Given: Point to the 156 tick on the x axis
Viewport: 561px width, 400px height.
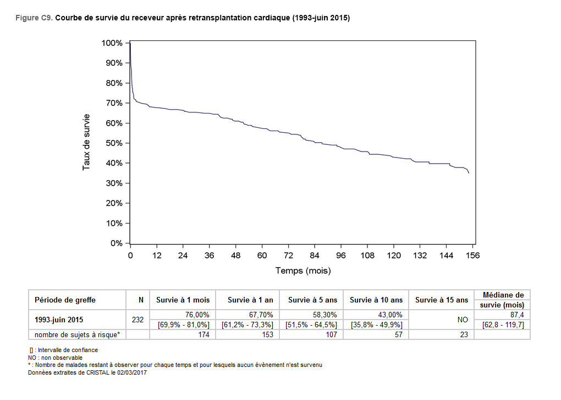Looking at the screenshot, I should coord(473,255).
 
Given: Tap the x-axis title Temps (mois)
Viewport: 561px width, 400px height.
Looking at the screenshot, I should coord(303,271).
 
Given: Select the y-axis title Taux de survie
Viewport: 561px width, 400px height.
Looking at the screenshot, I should coord(86,142).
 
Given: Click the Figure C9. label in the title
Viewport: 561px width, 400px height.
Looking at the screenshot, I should coord(35,18).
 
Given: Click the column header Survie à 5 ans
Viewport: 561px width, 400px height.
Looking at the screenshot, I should coord(312,300).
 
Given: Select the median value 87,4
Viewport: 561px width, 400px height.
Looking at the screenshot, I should coord(517,315).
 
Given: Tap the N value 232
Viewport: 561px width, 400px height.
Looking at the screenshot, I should coord(138,320).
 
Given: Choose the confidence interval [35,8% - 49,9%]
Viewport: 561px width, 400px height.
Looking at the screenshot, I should coord(376,325).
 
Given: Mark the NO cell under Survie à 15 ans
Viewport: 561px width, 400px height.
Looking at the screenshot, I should coord(463,320).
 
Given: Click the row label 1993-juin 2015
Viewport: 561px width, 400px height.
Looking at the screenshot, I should coord(59,320).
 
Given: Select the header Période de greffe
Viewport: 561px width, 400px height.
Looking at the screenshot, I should coord(65,300).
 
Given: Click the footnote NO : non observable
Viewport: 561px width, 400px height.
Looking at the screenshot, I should coord(55,358).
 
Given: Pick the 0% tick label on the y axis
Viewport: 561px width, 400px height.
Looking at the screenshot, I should coord(116,243).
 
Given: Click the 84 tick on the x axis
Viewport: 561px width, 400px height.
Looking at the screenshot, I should coord(315,255).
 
